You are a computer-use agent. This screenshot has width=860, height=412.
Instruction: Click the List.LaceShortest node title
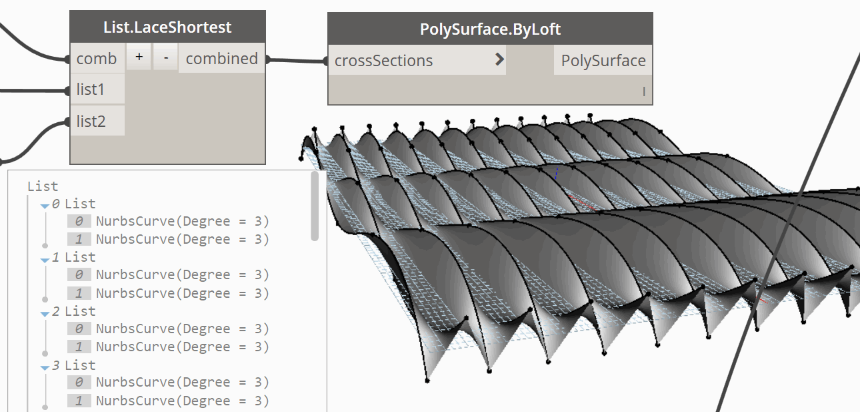pyautogui.click(x=167, y=27)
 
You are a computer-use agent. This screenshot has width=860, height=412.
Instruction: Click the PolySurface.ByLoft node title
pyautogui.click(x=490, y=29)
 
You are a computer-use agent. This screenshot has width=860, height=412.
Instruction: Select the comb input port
pyautogui.click(x=97, y=59)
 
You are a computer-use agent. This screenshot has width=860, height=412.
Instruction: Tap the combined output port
pyautogui.click(x=222, y=59)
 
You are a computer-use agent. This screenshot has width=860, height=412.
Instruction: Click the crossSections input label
pyautogui.click(x=383, y=61)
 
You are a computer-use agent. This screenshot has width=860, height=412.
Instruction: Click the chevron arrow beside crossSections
pyautogui.click(x=499, y=59)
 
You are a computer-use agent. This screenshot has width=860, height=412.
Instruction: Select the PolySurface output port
pyautogui.click(x=603, y=60)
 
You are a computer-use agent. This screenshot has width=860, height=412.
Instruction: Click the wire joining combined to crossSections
pyautogui.click(x=297, y=60)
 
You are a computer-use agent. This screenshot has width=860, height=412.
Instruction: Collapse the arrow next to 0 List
pyautogui.click(x=45, y=206)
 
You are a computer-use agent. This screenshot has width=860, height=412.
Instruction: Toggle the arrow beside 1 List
pyautogui.click(x=45, y=260)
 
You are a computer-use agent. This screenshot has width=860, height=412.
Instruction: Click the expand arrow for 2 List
pyautogui.click(x=45, y=315)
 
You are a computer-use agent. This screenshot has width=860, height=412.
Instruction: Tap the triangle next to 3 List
pyautogui.click(x=45, y=368)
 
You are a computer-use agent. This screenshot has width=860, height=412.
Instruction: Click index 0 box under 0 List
pyautogui.click(x=79, y=221)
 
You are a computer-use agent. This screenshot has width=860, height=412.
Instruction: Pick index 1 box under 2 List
pyautogui.click(x=79, y=347)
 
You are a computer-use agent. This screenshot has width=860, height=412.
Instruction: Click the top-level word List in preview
pyautogui.click(x=43, y=186)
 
